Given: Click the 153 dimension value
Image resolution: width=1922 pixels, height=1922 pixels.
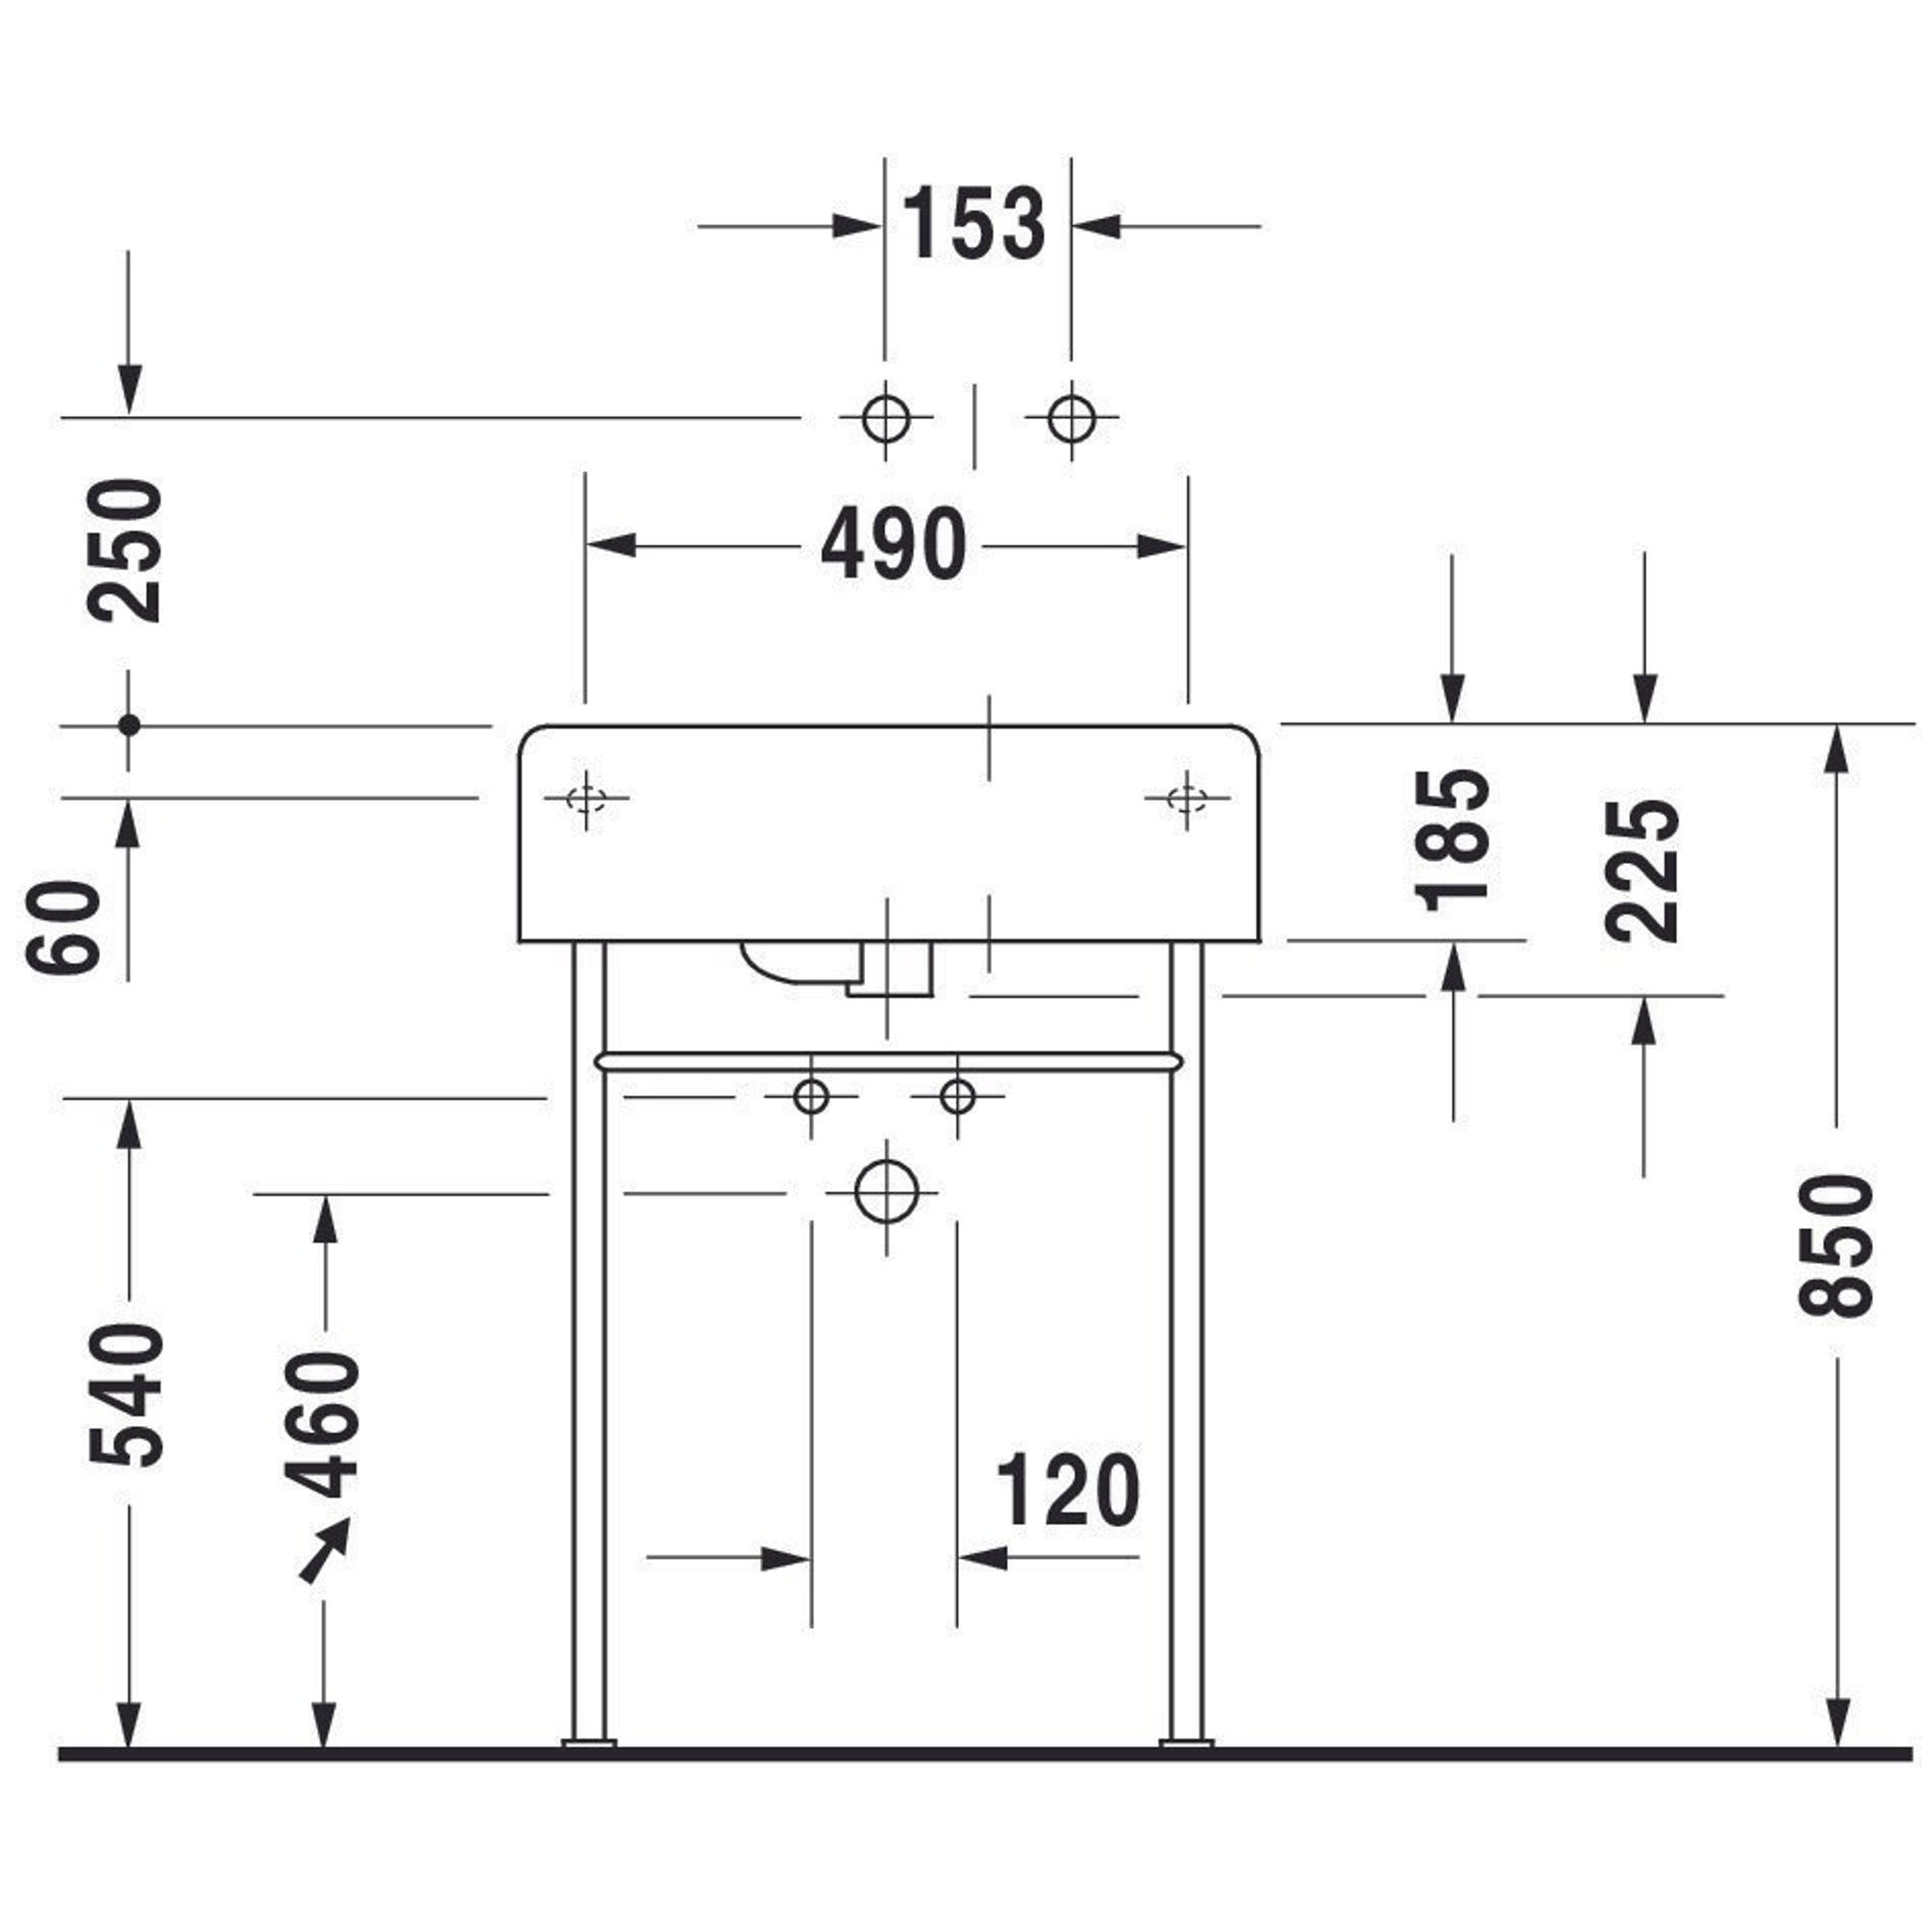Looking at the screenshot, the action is pos(973,223).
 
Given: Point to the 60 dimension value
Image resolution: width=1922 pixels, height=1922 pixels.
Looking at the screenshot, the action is pos(63,926).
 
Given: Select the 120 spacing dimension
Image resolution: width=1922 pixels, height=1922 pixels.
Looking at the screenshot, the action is pos(1068,1490).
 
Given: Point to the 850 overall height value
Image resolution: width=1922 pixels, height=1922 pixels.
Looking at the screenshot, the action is pos(1836,1244).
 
